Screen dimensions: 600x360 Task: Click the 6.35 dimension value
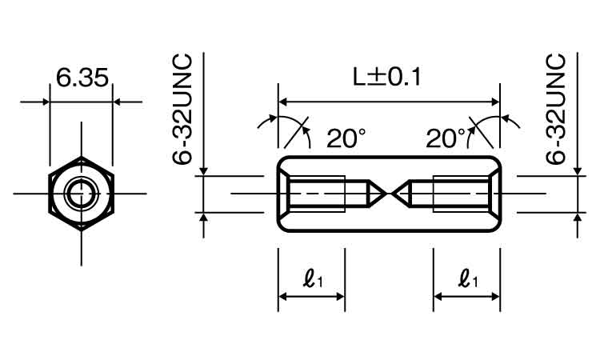point(82,78)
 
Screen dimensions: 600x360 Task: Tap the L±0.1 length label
point(386,77)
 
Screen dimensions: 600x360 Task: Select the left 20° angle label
point(346,138)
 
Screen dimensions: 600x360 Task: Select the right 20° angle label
point(446,138)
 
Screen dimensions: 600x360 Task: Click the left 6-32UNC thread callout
point(182,110)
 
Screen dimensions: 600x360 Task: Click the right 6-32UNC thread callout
point(556,110)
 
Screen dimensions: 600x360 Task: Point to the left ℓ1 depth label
point(313,278)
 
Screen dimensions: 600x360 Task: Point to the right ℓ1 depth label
point(468,278)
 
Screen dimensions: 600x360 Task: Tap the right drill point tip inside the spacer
point(394,194)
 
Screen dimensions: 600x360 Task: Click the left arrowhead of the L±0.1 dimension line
point(282,102)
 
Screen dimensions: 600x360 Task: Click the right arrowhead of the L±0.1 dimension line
point(495,102)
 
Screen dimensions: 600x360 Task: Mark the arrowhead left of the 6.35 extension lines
point(46,102)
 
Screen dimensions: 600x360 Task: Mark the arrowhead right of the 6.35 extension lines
point(117,102)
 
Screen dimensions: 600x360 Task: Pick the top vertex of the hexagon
point(81,157)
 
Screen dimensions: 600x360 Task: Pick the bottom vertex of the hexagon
point(81,230)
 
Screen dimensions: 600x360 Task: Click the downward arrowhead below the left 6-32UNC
point(203,171)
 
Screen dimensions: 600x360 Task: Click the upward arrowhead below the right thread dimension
point(578,217)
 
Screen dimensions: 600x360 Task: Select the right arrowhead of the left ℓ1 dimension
point(340,297)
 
